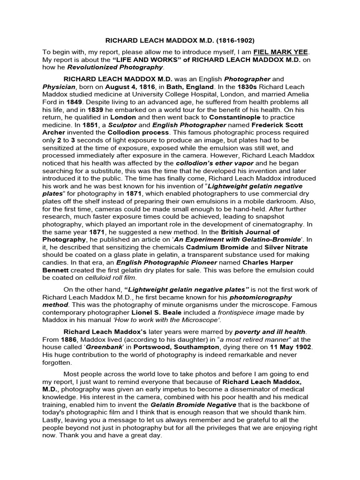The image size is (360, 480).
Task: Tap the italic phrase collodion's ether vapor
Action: point(214,162)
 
